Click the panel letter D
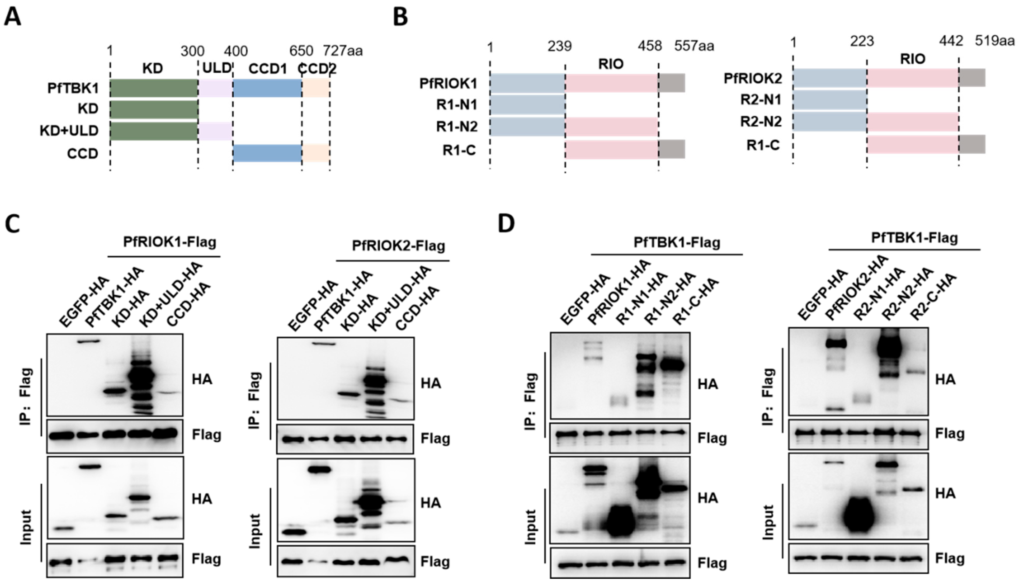pos(506,223)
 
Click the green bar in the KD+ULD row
pos(154,131)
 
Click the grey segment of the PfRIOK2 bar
pos(972,78)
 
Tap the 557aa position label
pos(694,46)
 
